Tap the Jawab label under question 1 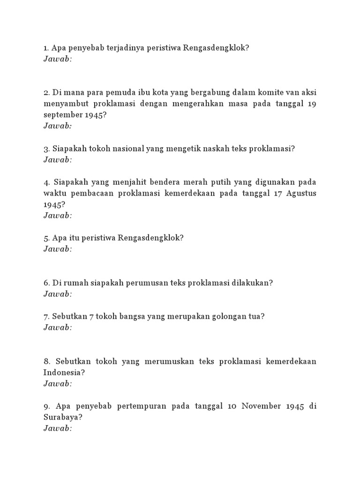(x=58, y=59)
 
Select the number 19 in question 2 (x=312, y=103)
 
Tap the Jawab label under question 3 (x=58, y=160)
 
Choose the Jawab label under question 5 (x=58, y=249)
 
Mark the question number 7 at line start (x=46, y=316)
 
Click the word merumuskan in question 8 (x=169, y=361)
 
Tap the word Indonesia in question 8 (x=63, y=372)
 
